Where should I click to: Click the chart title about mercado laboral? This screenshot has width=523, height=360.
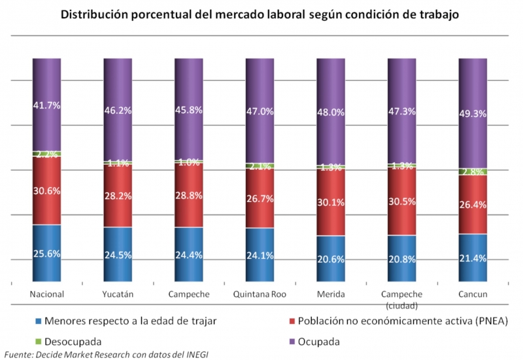pyautogui.click(x=261, y=14)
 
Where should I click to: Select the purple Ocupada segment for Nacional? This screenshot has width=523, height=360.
pyautogui.click(x=47, y=105)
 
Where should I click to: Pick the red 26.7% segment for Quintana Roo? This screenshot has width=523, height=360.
pyautogui.click(x=260, y=199)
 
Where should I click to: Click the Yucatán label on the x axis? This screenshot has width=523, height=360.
pyautogui.click(x=118, y=294)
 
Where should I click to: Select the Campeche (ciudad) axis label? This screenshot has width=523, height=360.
pyautogui.click(x=402, y=299)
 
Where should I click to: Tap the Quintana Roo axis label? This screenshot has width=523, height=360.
pyautogui.click(x=260, y=294)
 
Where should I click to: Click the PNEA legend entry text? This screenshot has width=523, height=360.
pyautogui.click(x=402, y=321)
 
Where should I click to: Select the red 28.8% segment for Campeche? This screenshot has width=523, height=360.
pyautogui.click(x=189, y=195)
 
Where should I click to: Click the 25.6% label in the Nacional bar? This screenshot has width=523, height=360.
pyautogui.click(x=47, y=254)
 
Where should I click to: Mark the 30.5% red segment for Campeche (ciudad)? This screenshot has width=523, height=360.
pyautogui.click(x=402, y=201)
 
